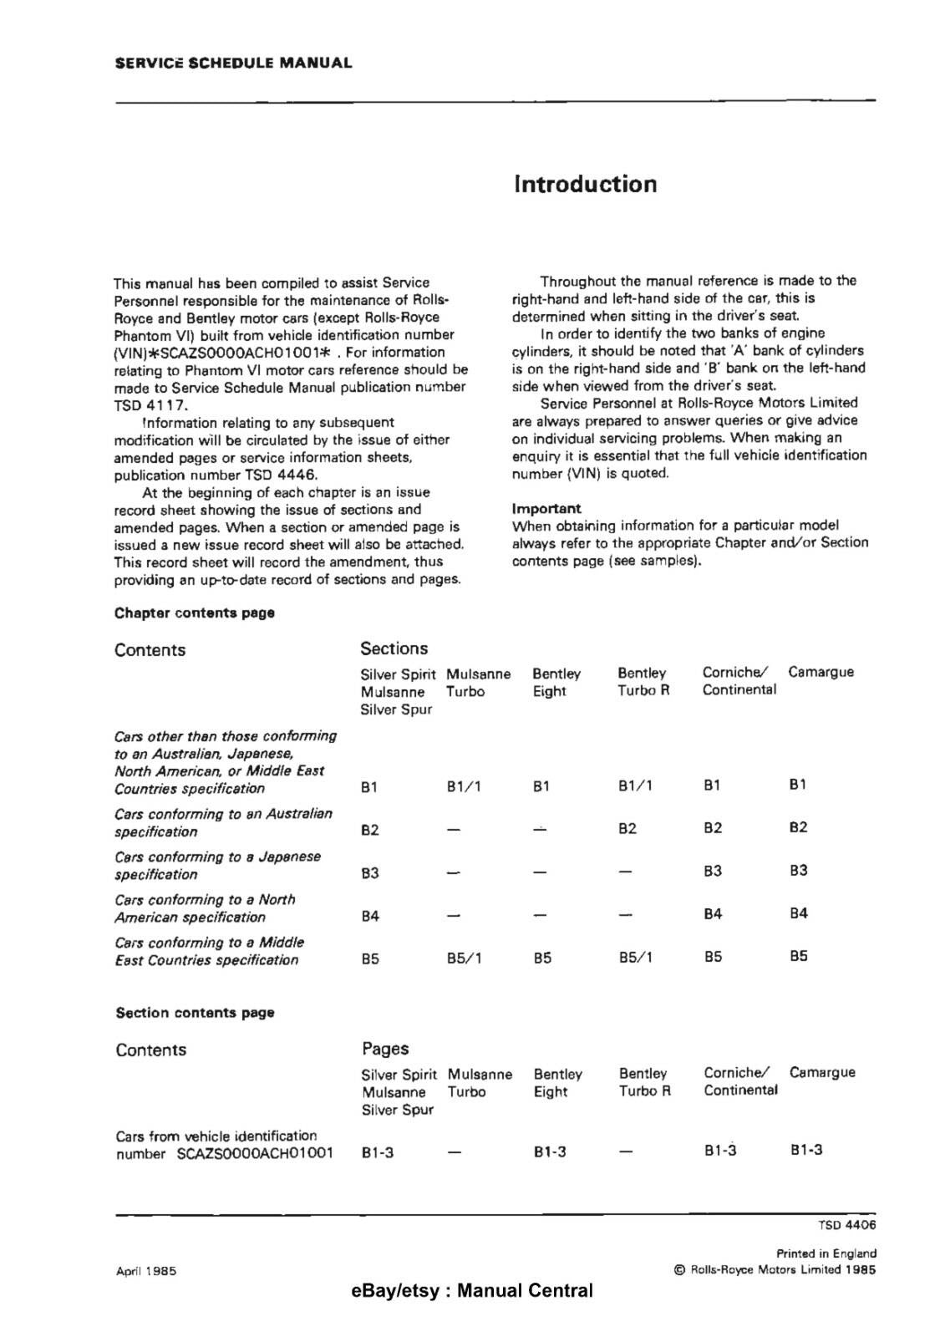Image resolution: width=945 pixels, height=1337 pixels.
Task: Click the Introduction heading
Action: tap(585, 184)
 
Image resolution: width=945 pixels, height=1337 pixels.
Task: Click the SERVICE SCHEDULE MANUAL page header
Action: tap(233, 63)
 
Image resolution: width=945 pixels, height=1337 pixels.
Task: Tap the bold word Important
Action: tap(546, 508)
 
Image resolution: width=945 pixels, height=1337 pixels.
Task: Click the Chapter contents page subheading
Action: tap(195, 613)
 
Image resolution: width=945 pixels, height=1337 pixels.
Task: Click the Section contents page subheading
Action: tap(195, 1013)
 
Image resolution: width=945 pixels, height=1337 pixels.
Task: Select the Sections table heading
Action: tap(394, 648)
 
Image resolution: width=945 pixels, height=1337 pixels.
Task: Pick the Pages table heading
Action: tap(385, 1049)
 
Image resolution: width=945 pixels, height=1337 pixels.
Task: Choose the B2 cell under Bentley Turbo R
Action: tap(627, 829)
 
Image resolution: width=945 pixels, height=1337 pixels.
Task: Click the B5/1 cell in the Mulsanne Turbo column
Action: tap(464, 958)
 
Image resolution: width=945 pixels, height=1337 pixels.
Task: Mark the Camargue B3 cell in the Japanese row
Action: tap(798, 871)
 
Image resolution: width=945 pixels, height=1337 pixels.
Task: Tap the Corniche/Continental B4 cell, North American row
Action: tap(712, 914)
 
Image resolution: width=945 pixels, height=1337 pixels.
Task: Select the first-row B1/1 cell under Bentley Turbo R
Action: tap(635, 786)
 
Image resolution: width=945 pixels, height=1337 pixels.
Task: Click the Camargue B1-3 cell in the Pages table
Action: tap(806, 1150)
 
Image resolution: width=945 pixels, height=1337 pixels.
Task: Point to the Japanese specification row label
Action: tap(217, 866)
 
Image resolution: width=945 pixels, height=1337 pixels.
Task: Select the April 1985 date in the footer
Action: tap(145, 1271)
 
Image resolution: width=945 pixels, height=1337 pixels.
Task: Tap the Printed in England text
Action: tap(826, 1253)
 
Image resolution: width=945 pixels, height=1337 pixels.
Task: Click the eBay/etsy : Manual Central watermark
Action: tap(472, 1291)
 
